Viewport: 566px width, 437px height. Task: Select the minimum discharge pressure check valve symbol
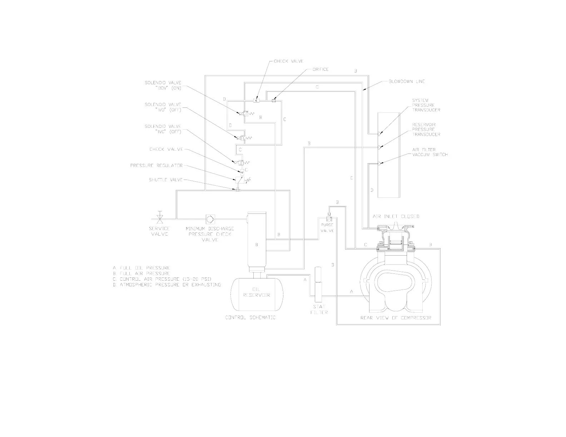[210, 218]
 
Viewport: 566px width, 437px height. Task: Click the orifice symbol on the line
[274, 101]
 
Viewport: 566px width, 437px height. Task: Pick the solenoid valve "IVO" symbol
[240, 137]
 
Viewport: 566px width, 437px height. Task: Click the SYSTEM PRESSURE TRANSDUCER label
[426, 105]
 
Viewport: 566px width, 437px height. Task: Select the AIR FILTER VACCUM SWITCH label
[430, 152]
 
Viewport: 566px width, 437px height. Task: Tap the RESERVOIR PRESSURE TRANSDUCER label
[426, 129]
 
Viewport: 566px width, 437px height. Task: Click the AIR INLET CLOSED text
[396, 216]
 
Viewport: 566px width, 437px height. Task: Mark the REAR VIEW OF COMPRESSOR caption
[396, 318]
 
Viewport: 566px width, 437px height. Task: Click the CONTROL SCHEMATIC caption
[250, 318]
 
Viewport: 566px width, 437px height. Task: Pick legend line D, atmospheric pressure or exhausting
[167, 285]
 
